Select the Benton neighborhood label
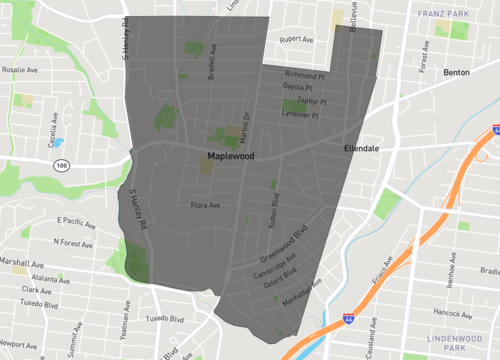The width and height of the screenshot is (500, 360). [456, 74]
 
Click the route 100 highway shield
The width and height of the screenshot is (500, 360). [62, 165]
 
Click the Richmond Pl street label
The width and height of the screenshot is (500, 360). [305, 75]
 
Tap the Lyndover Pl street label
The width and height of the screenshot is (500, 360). [300, 114]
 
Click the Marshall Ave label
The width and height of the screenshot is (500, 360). [13, 262]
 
